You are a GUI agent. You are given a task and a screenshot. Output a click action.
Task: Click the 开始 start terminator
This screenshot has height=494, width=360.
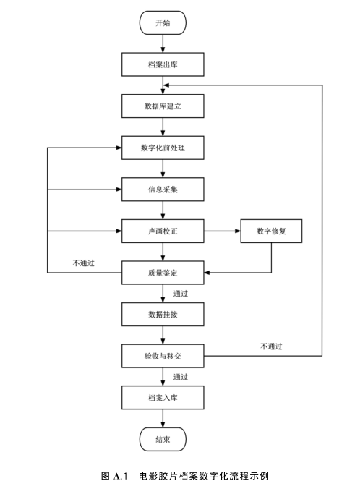pos(163,22)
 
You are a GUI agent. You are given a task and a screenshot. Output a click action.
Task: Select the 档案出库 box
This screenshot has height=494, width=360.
pos(163,64)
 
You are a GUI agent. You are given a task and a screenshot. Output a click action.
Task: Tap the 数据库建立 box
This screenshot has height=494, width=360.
pos(163,106)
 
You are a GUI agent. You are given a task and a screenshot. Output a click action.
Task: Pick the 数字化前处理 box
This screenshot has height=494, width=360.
pos(163,148)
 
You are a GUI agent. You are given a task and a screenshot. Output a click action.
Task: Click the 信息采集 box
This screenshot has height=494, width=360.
pos(163,189)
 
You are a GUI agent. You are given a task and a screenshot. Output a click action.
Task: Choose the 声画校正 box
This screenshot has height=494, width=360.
pos(163,231)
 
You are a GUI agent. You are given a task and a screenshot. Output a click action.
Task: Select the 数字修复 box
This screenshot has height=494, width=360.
pos(271,231)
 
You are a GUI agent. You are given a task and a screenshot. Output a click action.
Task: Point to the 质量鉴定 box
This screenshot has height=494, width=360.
pos(163,273)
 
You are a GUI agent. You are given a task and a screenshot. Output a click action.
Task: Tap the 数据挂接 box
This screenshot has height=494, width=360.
pos(163,315)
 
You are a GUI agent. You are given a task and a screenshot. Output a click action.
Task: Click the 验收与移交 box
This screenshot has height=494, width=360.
pos(163,356)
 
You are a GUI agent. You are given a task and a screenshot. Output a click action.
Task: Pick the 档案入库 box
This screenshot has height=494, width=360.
pos(163,398)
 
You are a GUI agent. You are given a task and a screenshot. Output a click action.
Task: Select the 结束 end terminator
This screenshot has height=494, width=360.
pos(163,439)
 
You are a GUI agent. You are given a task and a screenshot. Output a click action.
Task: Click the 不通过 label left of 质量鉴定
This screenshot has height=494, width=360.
pos(83,263)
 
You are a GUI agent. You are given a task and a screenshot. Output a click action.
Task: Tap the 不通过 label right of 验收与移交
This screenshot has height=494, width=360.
pos(271,346)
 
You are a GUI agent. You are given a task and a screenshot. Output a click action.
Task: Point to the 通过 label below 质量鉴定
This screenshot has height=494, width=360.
pos(181,294)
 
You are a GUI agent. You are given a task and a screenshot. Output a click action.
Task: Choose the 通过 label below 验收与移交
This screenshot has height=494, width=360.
pos(181,377)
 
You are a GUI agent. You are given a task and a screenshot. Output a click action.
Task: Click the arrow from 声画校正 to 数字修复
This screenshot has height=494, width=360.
pos(222,231)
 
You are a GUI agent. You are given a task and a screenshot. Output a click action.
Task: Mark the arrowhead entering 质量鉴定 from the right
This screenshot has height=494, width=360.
pos(207,273)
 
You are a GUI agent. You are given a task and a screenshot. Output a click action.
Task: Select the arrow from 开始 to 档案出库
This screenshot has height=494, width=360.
pos(163,43)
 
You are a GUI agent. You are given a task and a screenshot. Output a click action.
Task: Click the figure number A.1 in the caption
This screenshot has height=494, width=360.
pos(121,476)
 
